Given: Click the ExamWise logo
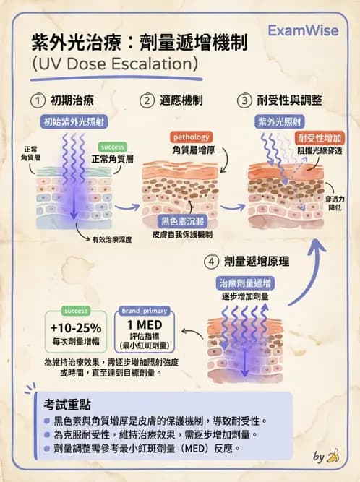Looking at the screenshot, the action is pyautogui.click(x=303, y=30).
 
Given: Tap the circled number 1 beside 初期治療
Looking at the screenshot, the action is pyautogui.click(x=38, y=100).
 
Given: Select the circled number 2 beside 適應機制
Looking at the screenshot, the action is pyautogui.click(x=147, y=100).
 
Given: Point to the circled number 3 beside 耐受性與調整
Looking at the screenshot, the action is pyautogui.click(x=244, y=100).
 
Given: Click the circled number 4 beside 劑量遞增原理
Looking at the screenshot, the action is pyautogui.click(x=211, y=262).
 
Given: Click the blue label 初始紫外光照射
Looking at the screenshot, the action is pyautogui.click(x=74, y=121).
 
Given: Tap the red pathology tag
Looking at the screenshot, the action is pyautogui.click(x=191, y=137).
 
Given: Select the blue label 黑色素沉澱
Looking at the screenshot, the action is pyautogui.click(x=182, y=221).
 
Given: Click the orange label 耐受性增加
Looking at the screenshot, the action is pyautogui.click(x=320, y=138).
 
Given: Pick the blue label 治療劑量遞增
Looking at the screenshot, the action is pyautogui.click(x=245, y=283).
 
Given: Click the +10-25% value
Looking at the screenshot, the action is pyautogui.click(x=76, y=328).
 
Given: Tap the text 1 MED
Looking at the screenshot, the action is pyautogui.click(x=144, y=325).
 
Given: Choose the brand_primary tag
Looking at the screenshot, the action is pyautogui.click(x=144, y=311).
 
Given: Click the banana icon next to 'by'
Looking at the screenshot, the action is pyautogui.click(x=333, y=455).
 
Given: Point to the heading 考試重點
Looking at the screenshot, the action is pyautogui.click(x=67, y=405).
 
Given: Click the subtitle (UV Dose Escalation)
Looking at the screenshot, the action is pyautogui.click(x=115, y=64).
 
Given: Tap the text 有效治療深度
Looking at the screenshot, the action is pyautogui.click(x=112, y=239).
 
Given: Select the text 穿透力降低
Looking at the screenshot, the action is pyautogui.click(x=335, y=203).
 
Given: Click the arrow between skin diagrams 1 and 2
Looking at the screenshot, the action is pyautogui.click(x=127, y=207).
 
